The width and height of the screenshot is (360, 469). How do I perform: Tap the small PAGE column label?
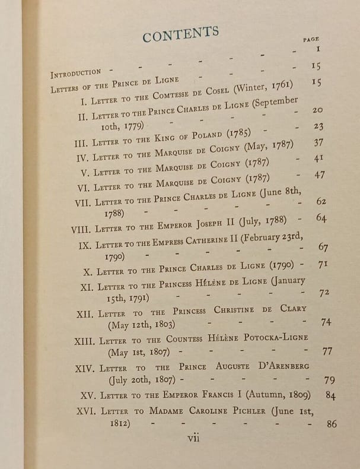(311, 39)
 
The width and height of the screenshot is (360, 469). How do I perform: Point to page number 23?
(318, 126)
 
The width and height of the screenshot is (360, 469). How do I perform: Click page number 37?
(319, 142)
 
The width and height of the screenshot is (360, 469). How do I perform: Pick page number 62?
(321, 201)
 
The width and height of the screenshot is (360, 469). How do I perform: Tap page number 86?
(332, 424)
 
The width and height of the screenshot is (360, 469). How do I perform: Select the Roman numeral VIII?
(82, 229)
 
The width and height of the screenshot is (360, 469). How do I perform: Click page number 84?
(330, 395)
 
